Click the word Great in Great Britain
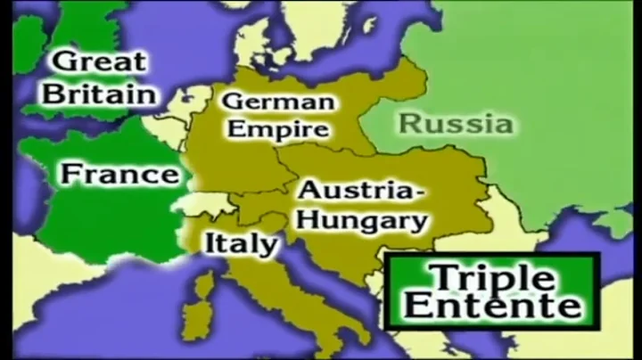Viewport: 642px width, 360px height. pos(99,63)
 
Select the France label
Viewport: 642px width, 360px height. pos(119,173)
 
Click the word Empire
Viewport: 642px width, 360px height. pos(277,129)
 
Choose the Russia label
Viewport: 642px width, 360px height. pos(455,122)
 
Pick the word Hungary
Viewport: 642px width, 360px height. pos(362,219)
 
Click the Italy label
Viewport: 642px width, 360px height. pos(241,242)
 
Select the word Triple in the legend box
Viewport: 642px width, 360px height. pos(491,277)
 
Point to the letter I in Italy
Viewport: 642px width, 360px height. pos(211,241)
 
